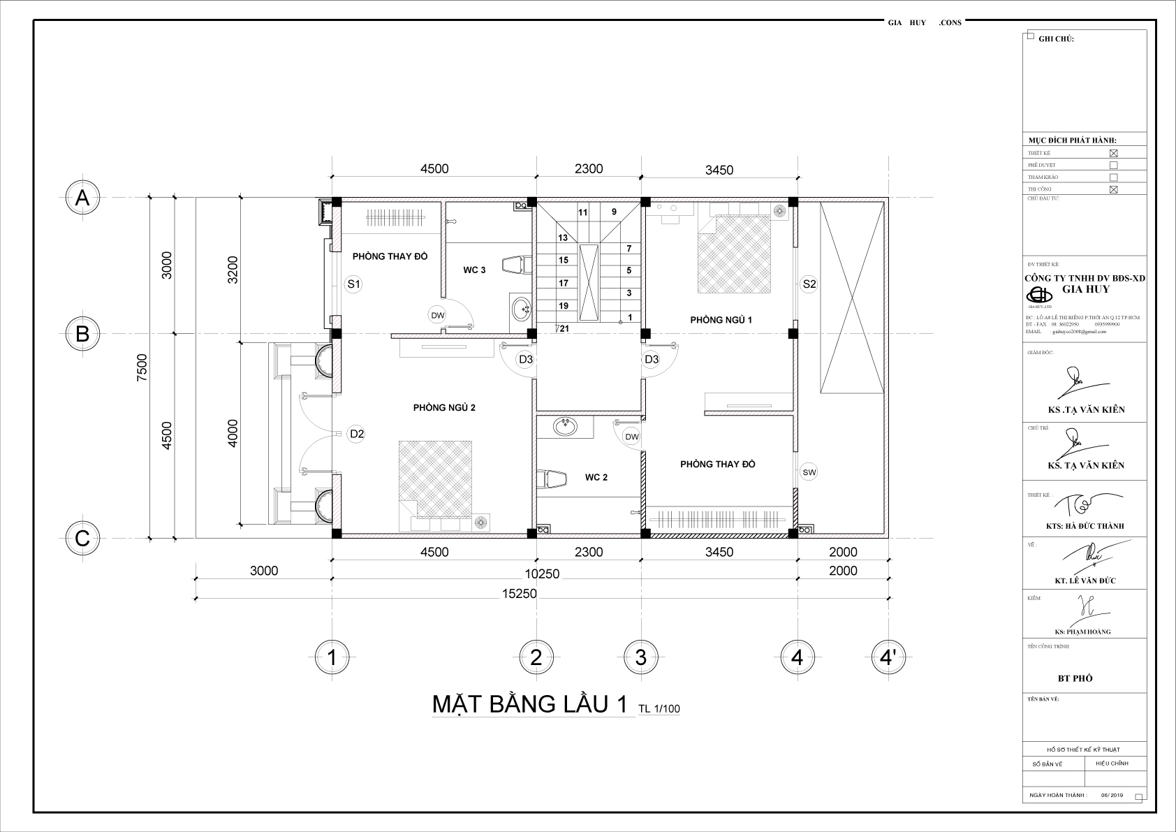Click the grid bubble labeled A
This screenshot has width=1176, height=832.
[x=82, y=199]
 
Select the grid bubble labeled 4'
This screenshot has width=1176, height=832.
[x=889, y=657]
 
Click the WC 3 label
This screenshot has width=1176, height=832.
[x=474, y=270]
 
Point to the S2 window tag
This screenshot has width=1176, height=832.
[x=809, y=284]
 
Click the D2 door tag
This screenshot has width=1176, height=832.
[x=357, y=434]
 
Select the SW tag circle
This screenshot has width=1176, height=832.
[x=809, y=472]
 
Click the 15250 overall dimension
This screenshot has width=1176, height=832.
[x=519, y=594]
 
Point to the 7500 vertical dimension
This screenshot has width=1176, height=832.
[x=142, y=367]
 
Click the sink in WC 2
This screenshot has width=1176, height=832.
[x=564, y=425]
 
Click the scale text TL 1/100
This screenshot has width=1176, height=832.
[x=659, y=709]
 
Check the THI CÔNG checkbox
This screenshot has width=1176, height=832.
[x=1113, y=189]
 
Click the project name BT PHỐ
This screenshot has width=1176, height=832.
[x=1075, y=678]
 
